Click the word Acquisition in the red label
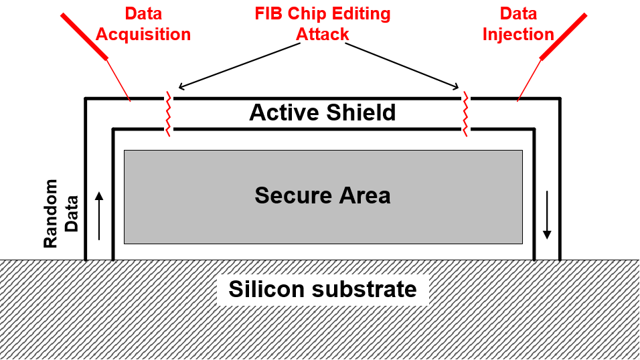tap(143, 35)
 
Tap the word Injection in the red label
tap(518, 35)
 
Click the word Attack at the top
tap(323, 34)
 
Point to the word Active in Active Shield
tap(284, 112)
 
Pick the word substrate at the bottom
tap(364, 289)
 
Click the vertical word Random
tap(51, 213)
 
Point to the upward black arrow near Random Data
tap(99, 216)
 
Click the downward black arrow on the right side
tap(547, 215)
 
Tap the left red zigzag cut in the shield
tap(168, 114)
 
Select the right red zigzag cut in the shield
tap(465, 114)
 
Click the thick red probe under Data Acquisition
tap(84, 37)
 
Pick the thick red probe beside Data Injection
tap(563, 37)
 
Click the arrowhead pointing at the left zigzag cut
tap(181, 86)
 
